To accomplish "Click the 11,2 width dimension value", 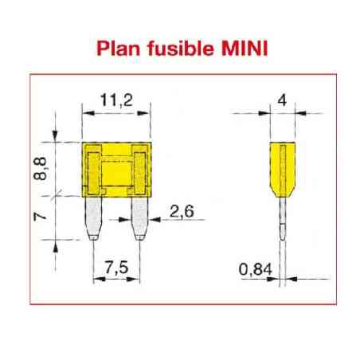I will click(116, 100).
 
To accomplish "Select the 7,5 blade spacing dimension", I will click(117, 268).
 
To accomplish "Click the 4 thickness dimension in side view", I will click(280, 100).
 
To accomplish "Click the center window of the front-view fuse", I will click(117, 172).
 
